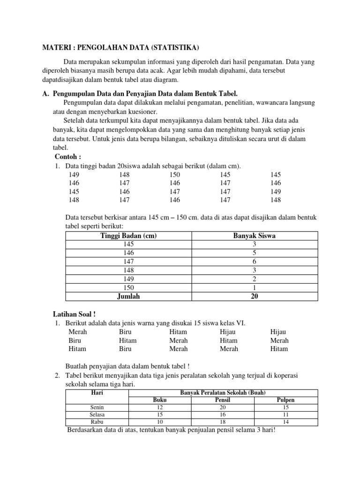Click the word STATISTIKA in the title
point(175,47)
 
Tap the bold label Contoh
point(68,157)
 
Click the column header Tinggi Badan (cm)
point(128,236)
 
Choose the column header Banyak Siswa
point(254,236)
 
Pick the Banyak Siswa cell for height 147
point(254,262)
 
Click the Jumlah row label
point(128,296)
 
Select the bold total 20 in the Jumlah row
point(254,296)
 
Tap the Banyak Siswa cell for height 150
point(254,287)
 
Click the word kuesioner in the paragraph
point(141,112)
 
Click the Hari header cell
point(97,392)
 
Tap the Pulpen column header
point(286,400)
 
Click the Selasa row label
point(97,415)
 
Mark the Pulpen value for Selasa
point(286,415)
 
